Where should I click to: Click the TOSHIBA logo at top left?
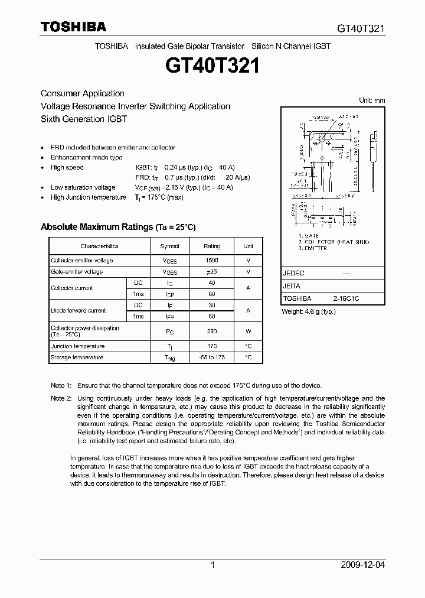click(x=73, y=27)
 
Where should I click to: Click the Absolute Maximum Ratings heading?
click(x=117, y=227)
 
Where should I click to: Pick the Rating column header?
click(x=212, y=246)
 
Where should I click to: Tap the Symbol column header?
click(x=169, y=246)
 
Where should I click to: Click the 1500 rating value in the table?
click(x=212, y=261)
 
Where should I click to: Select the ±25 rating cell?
click(x=212, y=272)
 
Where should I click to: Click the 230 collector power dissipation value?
click(x=212, y=331)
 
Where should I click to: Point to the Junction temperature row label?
click(x=77, y=346)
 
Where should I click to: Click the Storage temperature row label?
click(x=77, y=357)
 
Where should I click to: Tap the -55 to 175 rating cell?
click(x=212, y=357)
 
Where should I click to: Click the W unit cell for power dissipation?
click(x=249, y=331)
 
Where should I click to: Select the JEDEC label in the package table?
click(x=293, y=274)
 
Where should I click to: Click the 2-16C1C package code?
click(x=346, y=299)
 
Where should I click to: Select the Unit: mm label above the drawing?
click(x=372, y=100)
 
